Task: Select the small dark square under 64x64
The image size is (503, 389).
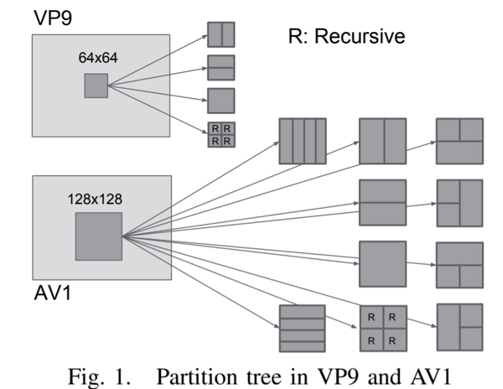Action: tap(96, 86)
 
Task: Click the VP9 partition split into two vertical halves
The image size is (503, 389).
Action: tap(221, 34)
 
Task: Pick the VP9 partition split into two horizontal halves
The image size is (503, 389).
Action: tap(221, 67)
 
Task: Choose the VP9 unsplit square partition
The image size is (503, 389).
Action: tap(221, 101)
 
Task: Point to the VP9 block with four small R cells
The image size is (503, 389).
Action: tap(221, 134)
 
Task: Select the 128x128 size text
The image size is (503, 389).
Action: tap(98, 200)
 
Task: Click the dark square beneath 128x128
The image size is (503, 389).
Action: tap(99, 236)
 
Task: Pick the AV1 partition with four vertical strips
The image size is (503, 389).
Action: tap(302, 141)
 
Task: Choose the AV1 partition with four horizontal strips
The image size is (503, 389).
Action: tap(302, 329)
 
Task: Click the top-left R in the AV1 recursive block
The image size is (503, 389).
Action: tap(371, 317)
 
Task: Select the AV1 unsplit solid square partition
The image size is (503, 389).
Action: tap(382, 265)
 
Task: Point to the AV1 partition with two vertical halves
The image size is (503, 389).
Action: tap(382, 141)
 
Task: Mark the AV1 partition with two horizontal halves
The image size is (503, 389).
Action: tap(382, 203)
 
